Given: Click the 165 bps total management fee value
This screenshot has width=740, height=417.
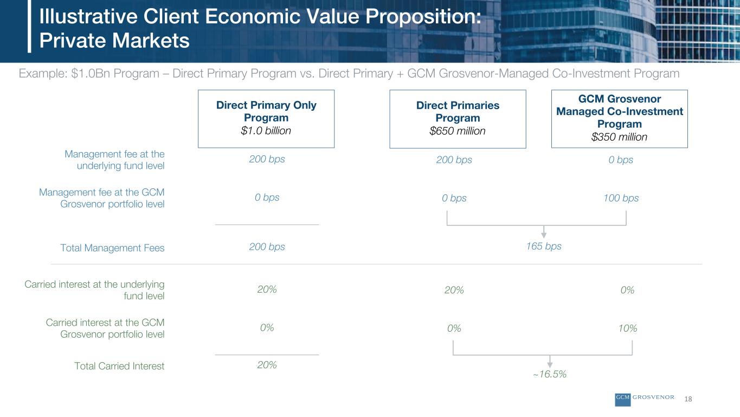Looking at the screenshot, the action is pyautogui.click(x=544, y=247).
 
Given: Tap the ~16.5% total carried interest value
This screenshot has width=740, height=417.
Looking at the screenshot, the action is pyautogui.click(x=550, y=374).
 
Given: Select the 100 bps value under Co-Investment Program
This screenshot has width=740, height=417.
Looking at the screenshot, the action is pyautogui.click(x=621, y=198).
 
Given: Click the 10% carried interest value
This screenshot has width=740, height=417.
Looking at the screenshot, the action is pyautogui.click(x=628, y=328).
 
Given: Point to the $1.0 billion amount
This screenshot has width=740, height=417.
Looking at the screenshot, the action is pyautogui.click(x=266, y=131).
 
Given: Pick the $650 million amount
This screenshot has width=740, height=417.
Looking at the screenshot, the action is pyautogui.click(x=458, y=131).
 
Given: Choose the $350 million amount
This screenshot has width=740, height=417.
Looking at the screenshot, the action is pyautogui.click(x=620, y=137).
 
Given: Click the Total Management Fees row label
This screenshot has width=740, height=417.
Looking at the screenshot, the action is pyautogui.click(x=112, y=248).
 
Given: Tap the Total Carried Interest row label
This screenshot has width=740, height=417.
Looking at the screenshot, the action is pyautogui.click(x=119, y=366).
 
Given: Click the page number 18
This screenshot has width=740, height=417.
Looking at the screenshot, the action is pyautogui.click(x=688, y=399).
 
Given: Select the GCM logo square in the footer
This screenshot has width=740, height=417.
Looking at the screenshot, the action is pyautogui.click(x=623, y=400).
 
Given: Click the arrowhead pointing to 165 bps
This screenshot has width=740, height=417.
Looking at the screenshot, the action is pyautogui.click(x=544, y=235).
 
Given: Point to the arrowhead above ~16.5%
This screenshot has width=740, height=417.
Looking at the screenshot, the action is pyautogui.click(x=550, y=364).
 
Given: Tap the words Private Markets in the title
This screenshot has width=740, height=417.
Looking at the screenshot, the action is pyautogui.click(x=114, y=41).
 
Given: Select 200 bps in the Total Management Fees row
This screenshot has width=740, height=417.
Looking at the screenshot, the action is pyautogui.click(x=267, y=247).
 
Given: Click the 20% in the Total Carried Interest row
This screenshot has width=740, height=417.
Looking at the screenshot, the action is pyautogui.click(x=267, y=365).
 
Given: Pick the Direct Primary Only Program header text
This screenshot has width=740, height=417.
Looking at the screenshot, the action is pyautogui.click(x=266, y=111).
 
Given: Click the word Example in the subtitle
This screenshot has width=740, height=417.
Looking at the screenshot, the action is pyautogui.click(x=42, y=74).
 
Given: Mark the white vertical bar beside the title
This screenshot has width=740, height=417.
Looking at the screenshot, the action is pyautogui.click(x=29, y=26).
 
